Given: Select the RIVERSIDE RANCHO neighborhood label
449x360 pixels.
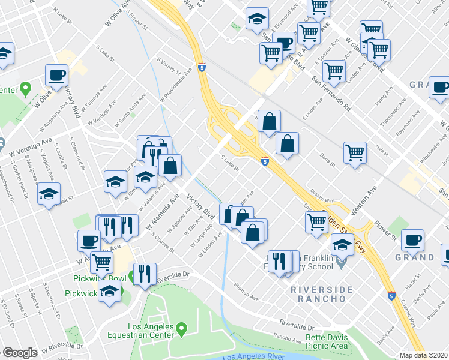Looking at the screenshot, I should coord(322,295).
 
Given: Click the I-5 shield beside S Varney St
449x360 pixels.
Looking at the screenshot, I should coord(200,69).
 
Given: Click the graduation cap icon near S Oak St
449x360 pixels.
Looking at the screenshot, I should coord(49,194).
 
